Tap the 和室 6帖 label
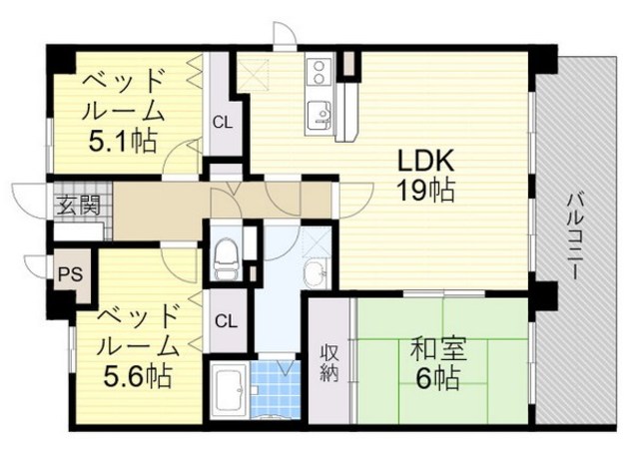[433, 364]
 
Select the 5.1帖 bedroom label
[122, 110]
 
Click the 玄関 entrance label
[76, 207]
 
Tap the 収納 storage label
[328, 363]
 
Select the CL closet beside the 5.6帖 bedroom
[226, 320]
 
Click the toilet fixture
[225, 257]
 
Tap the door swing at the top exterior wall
[284, 34]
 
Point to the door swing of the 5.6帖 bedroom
[181, 265]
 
